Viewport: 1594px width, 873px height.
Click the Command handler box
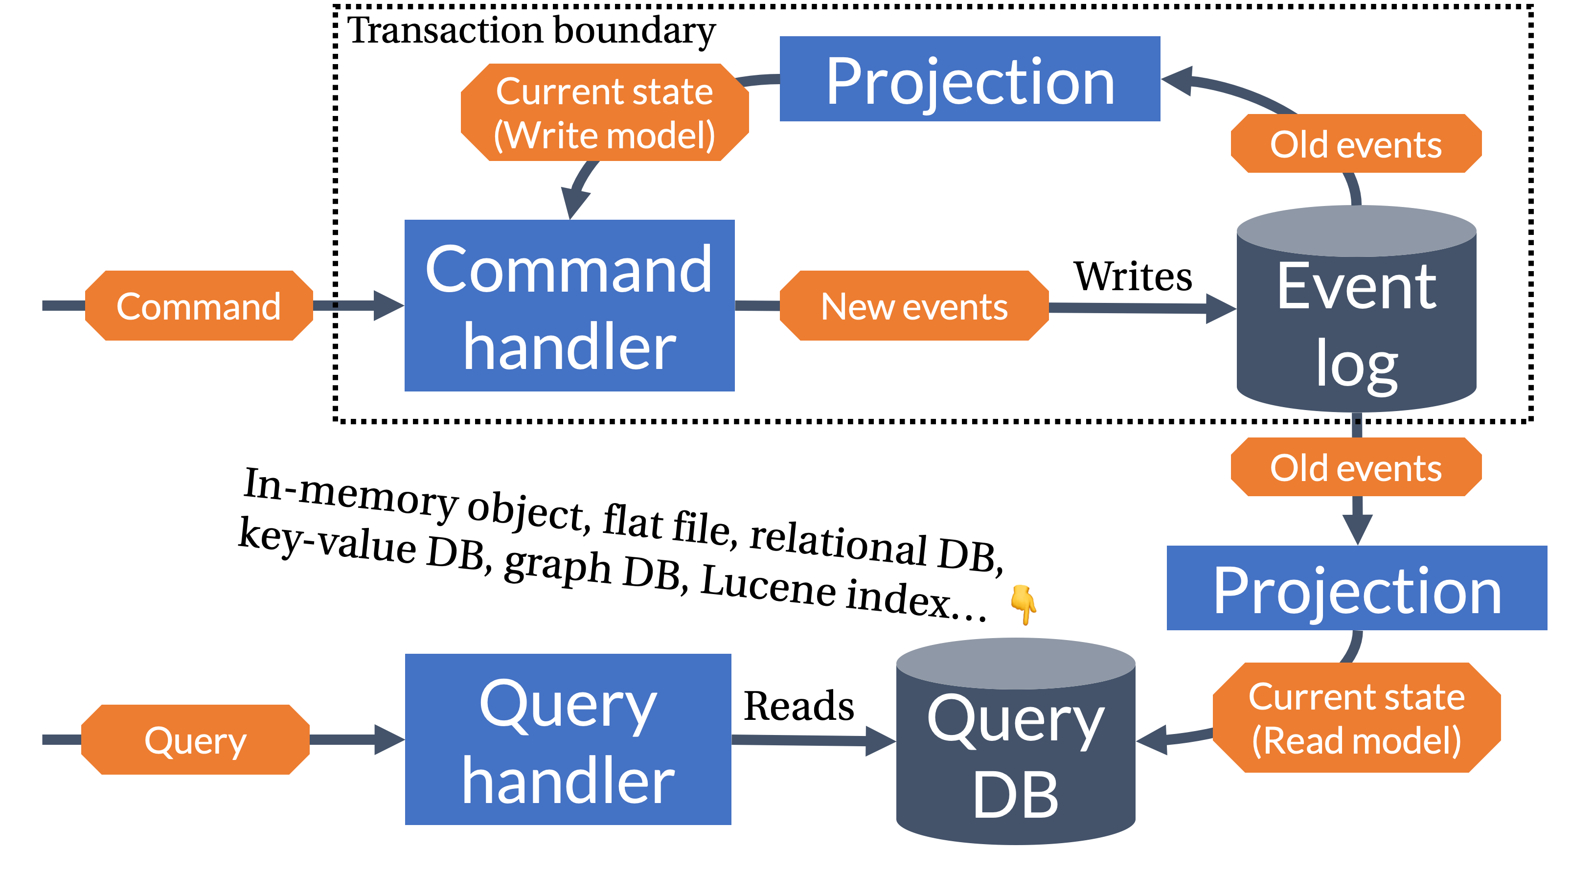pos(569,306)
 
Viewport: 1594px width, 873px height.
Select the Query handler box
pos(568,739)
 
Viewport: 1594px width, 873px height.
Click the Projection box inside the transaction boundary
pos(970,79)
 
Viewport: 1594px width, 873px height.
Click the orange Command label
pos(199,306)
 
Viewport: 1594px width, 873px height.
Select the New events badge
pos(914,306)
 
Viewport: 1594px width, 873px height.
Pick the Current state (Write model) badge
pos(605,113)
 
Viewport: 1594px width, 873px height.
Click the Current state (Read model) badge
pos(1356,718)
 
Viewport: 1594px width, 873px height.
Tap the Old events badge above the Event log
pos(1356,144)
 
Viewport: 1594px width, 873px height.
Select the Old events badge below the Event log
pos(1356,468)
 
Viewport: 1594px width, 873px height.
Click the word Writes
pos(1132,276)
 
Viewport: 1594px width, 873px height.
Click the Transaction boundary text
pos(531,30)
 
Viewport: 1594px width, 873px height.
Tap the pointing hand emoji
pos(1024,604)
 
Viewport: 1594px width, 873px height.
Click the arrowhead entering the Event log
pos(1220,309)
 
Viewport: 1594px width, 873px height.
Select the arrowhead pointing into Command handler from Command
pos(388,306)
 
